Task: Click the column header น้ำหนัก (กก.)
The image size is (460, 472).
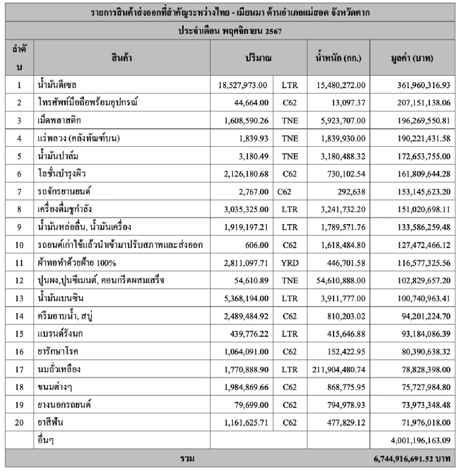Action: tap(338, 58)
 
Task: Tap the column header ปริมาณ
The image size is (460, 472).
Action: tap(258, 58)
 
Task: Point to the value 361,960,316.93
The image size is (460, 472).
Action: tap(424, 85)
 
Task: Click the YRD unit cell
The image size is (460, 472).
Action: tap(289, 263)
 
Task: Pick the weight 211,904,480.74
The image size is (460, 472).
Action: tap(339, 370)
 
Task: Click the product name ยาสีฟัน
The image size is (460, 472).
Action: tap(51, 423)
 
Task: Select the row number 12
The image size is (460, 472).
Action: tap(19, 281)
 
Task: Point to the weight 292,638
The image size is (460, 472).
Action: tap(351, 192)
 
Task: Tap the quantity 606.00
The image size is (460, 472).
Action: tap(257, 245)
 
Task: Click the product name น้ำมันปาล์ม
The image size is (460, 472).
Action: tap(59, 156)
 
